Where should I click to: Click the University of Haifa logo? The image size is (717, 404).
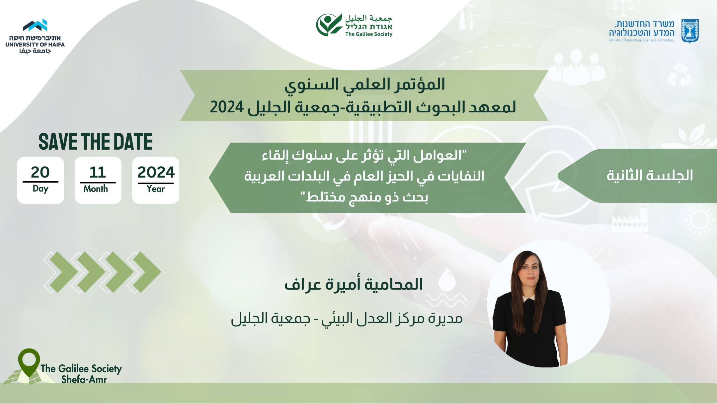click(35, 36)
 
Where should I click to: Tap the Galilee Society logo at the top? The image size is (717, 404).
click(354, 25)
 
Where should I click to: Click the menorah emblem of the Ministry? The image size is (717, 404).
click(690, 31)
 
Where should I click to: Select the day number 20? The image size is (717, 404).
click(40, 172)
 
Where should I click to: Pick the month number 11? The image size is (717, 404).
click(98, 172)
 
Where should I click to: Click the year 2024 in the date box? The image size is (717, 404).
click(156, 172)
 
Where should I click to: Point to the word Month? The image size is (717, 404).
click(96, 189)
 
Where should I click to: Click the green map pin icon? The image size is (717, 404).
click(29, 362)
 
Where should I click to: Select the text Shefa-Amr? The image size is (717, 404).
click(84, 379)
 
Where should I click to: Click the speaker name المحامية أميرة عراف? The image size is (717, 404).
click(354, 285)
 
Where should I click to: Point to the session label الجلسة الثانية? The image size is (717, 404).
click(650, 175)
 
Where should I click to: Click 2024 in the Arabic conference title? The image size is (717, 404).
click(227, 107)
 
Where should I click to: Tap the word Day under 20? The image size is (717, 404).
click(40, 189)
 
